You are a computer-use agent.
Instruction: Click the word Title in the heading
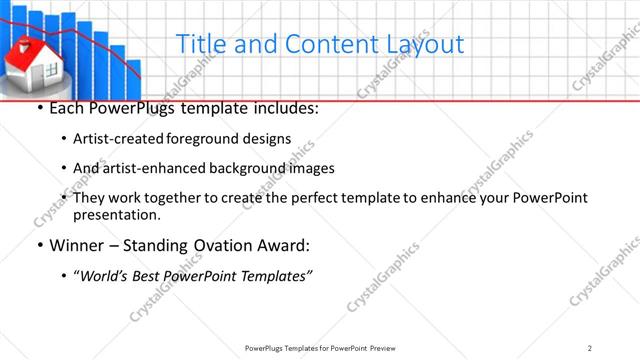[198, 44]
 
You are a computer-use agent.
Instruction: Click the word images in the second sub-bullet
[311, 168]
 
